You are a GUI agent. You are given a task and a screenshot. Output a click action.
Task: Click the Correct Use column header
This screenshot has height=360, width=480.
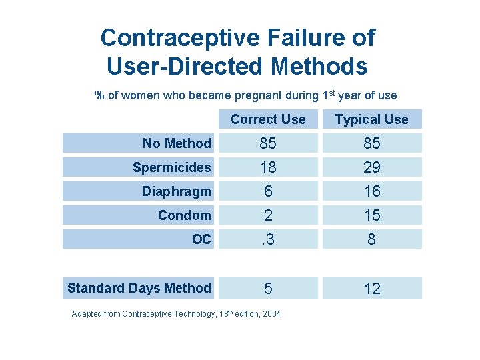point(268,119)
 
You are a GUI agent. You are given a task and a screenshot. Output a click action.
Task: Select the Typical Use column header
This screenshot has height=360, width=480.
point(371,119)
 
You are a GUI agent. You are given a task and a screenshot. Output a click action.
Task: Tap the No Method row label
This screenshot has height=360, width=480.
point(177,143)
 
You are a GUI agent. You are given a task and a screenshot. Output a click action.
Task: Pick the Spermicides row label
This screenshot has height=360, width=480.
point(171,167)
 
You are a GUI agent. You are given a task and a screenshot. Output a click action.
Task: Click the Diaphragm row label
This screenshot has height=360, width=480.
point(176,191)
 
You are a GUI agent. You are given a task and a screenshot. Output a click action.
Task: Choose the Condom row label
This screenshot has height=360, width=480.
point(184,215)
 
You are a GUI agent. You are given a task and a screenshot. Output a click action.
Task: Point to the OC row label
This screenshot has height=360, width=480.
point(201,239)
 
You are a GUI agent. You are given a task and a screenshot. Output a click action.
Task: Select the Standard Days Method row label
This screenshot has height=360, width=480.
point(139,288)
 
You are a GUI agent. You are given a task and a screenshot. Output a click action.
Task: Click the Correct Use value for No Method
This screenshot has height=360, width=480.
point(268,143)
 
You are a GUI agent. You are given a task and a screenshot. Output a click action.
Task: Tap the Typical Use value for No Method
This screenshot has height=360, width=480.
point(371,143)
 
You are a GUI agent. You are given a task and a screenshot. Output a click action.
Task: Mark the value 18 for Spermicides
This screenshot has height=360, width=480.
point(268,167)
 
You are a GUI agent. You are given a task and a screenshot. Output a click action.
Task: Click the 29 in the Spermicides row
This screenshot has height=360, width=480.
point(371,167)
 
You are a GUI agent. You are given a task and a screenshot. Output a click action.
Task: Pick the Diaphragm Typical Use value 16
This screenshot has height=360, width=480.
point(371,191)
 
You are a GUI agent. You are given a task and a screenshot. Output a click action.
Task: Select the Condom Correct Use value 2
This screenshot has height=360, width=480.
point(268,215)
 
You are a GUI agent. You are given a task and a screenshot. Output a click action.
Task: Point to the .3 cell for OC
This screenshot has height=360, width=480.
point(268,239)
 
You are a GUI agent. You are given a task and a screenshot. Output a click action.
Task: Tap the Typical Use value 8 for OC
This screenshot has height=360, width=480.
point(371,239)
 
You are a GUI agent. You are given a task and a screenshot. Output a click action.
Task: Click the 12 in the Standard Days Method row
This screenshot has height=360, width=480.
point(371,288)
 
